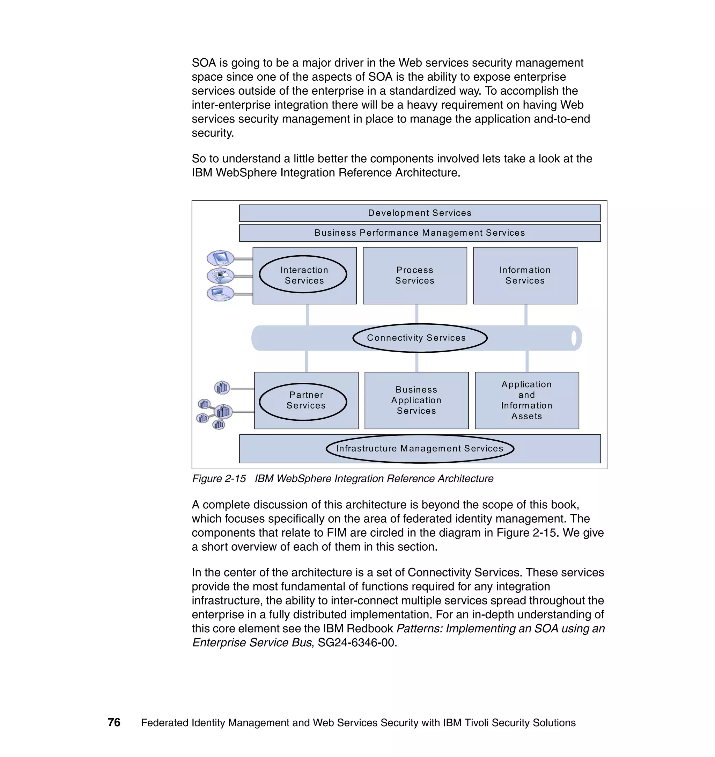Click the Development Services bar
coord(420,213)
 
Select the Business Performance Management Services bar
coord(420,233)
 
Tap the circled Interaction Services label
coord(303,275)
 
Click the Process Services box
coord(415,275)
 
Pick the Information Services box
coord(525,275)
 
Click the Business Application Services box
coord(416,400)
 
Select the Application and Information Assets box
coord(526,400)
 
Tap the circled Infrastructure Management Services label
coord(420,449)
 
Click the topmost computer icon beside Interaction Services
coord(220,258)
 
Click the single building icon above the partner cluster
coord(222,388)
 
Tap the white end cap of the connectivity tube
coord(574,338)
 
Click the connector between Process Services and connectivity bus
coord(417,315)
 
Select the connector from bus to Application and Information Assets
coord(527,361)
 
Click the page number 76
coord(114,722)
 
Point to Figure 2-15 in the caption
coord(219,479)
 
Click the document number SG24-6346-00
coord(357,643)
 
